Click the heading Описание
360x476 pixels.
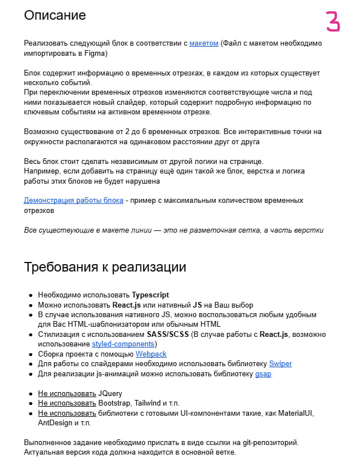pyautogui.click(x=55, y=15)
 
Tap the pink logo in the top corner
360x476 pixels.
pyautogui.click(x=334, y=21)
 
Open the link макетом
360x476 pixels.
pyautogui.click(x=203, y=43)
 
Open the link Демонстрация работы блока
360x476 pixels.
pyautogui.click(x=73, y=200)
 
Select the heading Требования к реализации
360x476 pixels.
pyautogui.click(x=105, y=266)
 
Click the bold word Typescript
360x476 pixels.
pyautogui.click(x=150, y=295)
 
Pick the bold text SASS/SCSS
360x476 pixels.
pyautogui.click(x=168, y=334)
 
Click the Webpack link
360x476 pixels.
pyautogui.click(x=150, y=354)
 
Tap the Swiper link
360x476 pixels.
pyautogui.click(x=280, y=363)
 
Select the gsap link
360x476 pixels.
pyautogui.click(x=263, y=373)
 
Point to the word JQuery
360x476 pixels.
pyautogui.click(x=110, y=393)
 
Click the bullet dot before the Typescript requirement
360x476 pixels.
pyautogui.click(x=30, y=295)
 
